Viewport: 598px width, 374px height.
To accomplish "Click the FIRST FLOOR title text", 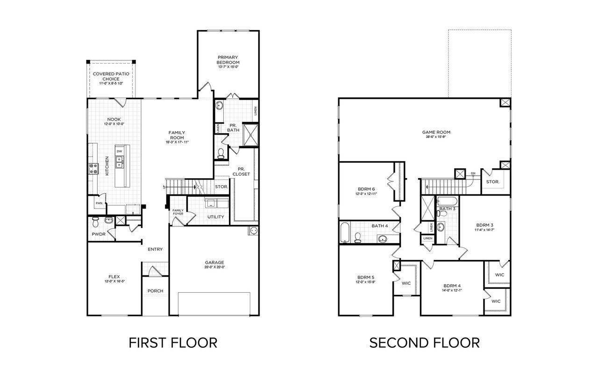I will pyautogui.click(x=173, y=343).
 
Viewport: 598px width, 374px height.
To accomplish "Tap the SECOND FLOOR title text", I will pyautogui.click(x=424, y=343).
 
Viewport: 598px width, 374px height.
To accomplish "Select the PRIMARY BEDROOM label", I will pyautogui.click(x=228, y=60).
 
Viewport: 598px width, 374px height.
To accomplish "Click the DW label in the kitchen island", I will pyautogui.click(x=119, y=151).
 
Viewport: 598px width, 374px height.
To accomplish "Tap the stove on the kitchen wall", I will pyautogui.click(x=92, y=168).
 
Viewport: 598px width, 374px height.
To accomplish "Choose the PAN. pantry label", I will pyautogui.click(x=99, y=203).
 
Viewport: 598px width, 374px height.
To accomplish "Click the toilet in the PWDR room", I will pyautogui.click(x=96, y=219).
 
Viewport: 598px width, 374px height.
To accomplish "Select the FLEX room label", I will pyautogui.click(x=114, y=277).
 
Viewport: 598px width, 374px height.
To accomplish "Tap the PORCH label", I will pyautogui.click(x=155, y=291).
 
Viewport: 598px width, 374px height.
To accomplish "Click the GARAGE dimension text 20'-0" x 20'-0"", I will pyautogui.click(x=214, y=267).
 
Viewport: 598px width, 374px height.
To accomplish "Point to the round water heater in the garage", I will pyautogui.click(x=253, y=231).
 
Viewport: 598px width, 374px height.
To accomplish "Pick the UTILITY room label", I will pyautogui.click(x=215, y=217).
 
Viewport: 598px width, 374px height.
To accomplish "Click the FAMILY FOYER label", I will pyautogui.click(x=178, y=212).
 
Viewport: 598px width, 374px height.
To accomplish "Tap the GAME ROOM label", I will pyautogui.click(x=424, y=132).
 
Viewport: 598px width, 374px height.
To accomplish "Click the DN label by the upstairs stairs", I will pyautogui.click(x=473, y=173).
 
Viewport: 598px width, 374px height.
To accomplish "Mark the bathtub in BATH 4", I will pyautogui.click(x=345, y=233).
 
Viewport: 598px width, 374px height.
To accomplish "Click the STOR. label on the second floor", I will pyautogui.click(x=492, y=182).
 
